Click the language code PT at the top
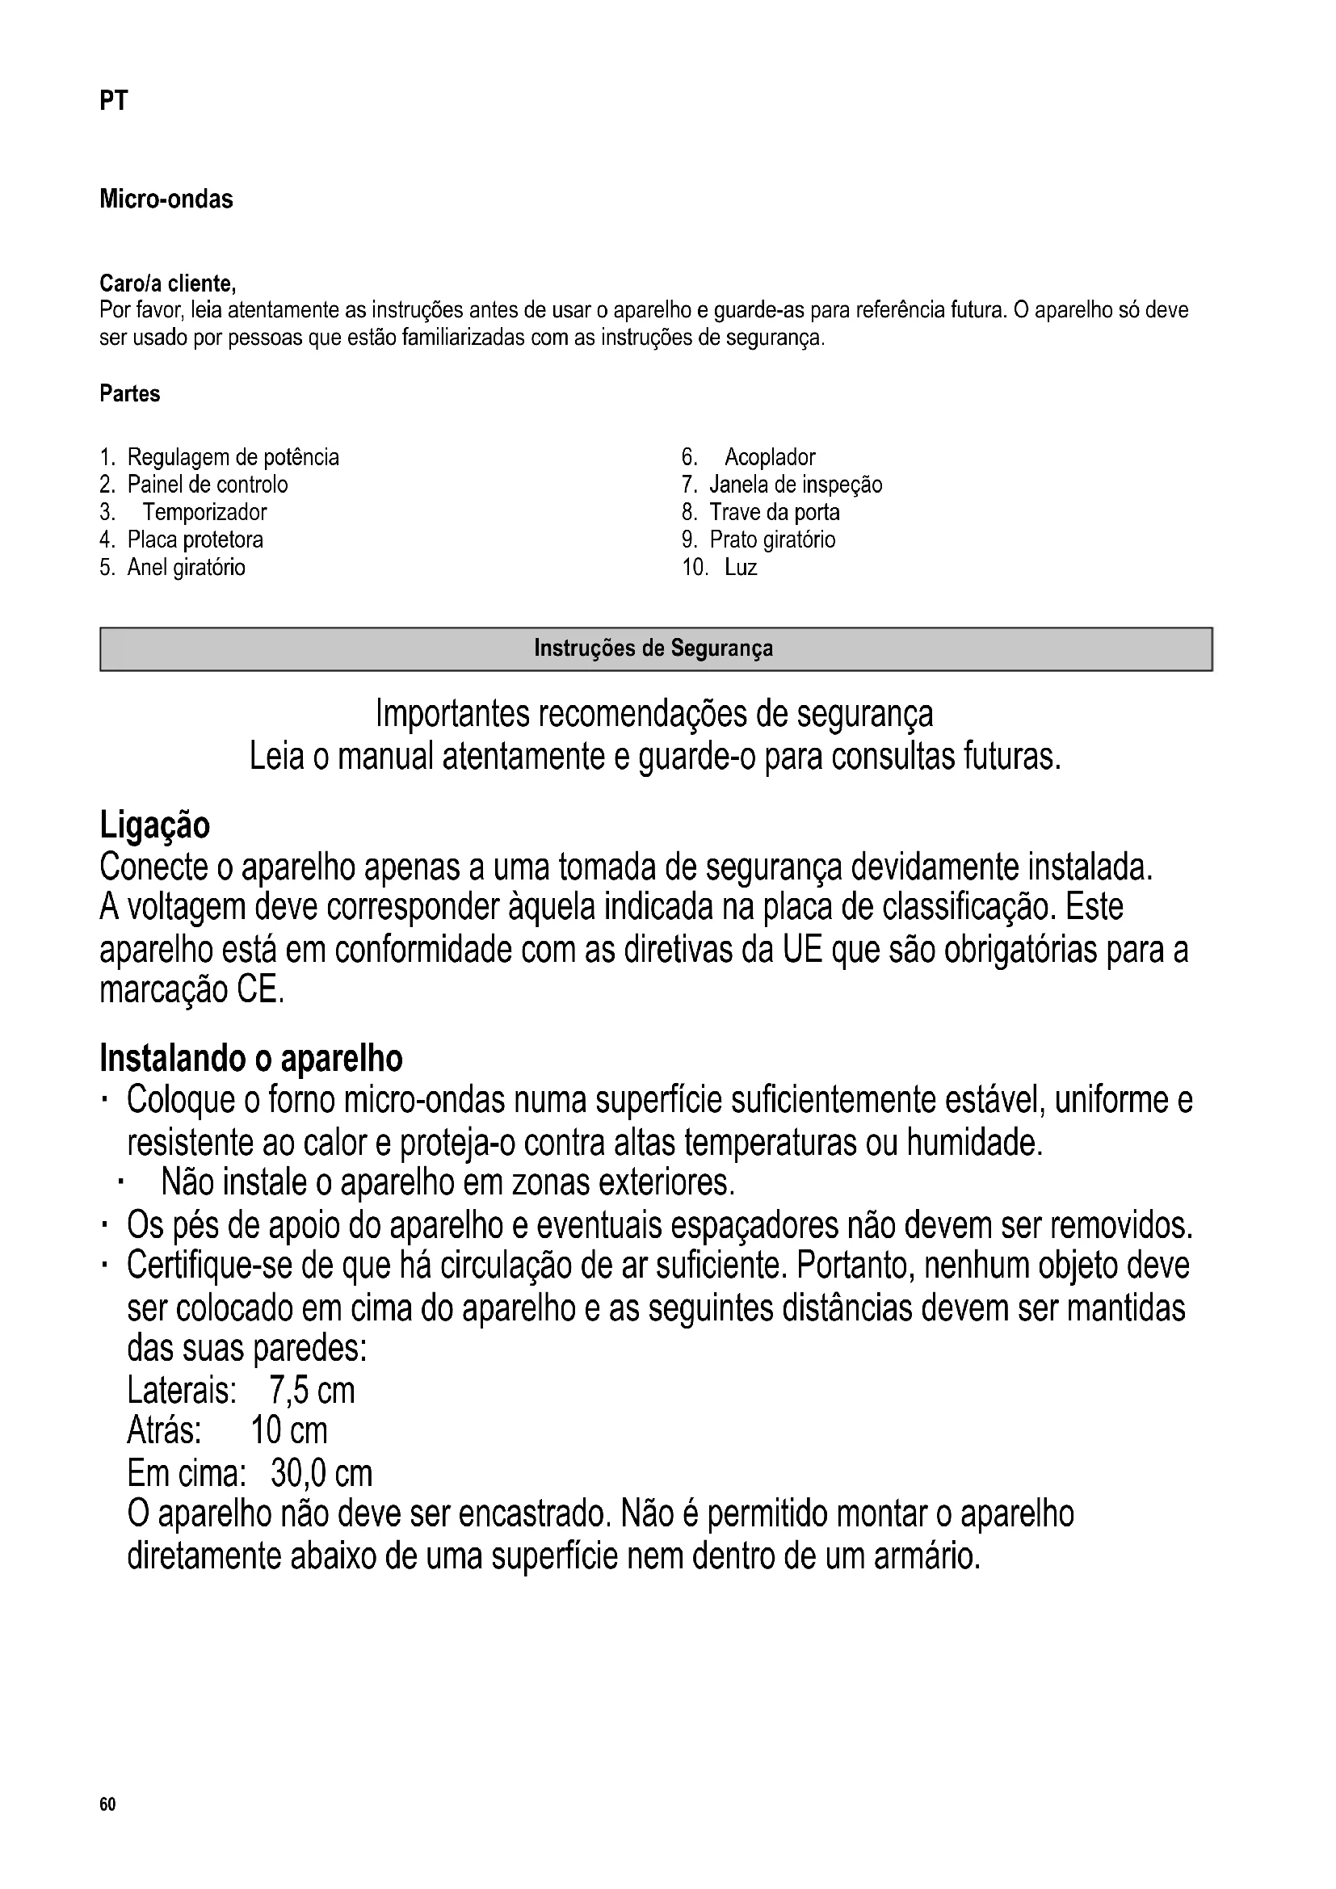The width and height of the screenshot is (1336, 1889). (x=114, y=101)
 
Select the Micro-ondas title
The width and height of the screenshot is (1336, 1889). (x=166, y=199)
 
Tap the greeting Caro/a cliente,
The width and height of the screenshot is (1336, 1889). (x=168, y=283)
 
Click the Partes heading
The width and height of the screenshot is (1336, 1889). (x=130, y=394)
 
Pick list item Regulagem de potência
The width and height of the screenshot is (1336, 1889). (x=233, y=457)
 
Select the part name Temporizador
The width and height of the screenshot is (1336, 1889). (x=205, y=513)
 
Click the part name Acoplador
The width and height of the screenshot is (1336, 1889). (x=769, y=457)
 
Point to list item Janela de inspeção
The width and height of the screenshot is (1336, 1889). (x=796, y=485)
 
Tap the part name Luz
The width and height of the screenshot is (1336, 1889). (x=741, y=568)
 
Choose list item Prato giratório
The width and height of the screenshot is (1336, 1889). (x=772, y=540)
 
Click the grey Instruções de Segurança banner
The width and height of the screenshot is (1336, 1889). (x=656, y=649)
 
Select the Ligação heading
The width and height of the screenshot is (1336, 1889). (x=154, y=825)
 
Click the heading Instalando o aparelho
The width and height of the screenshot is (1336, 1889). (x=251, y=1059)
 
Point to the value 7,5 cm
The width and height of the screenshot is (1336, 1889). (x=312, y=1392)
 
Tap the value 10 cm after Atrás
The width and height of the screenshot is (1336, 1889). (x=288, y=1432)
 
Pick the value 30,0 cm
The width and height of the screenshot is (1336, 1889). (x=321, y=1474)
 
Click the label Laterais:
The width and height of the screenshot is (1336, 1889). (x=182, y=1392)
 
